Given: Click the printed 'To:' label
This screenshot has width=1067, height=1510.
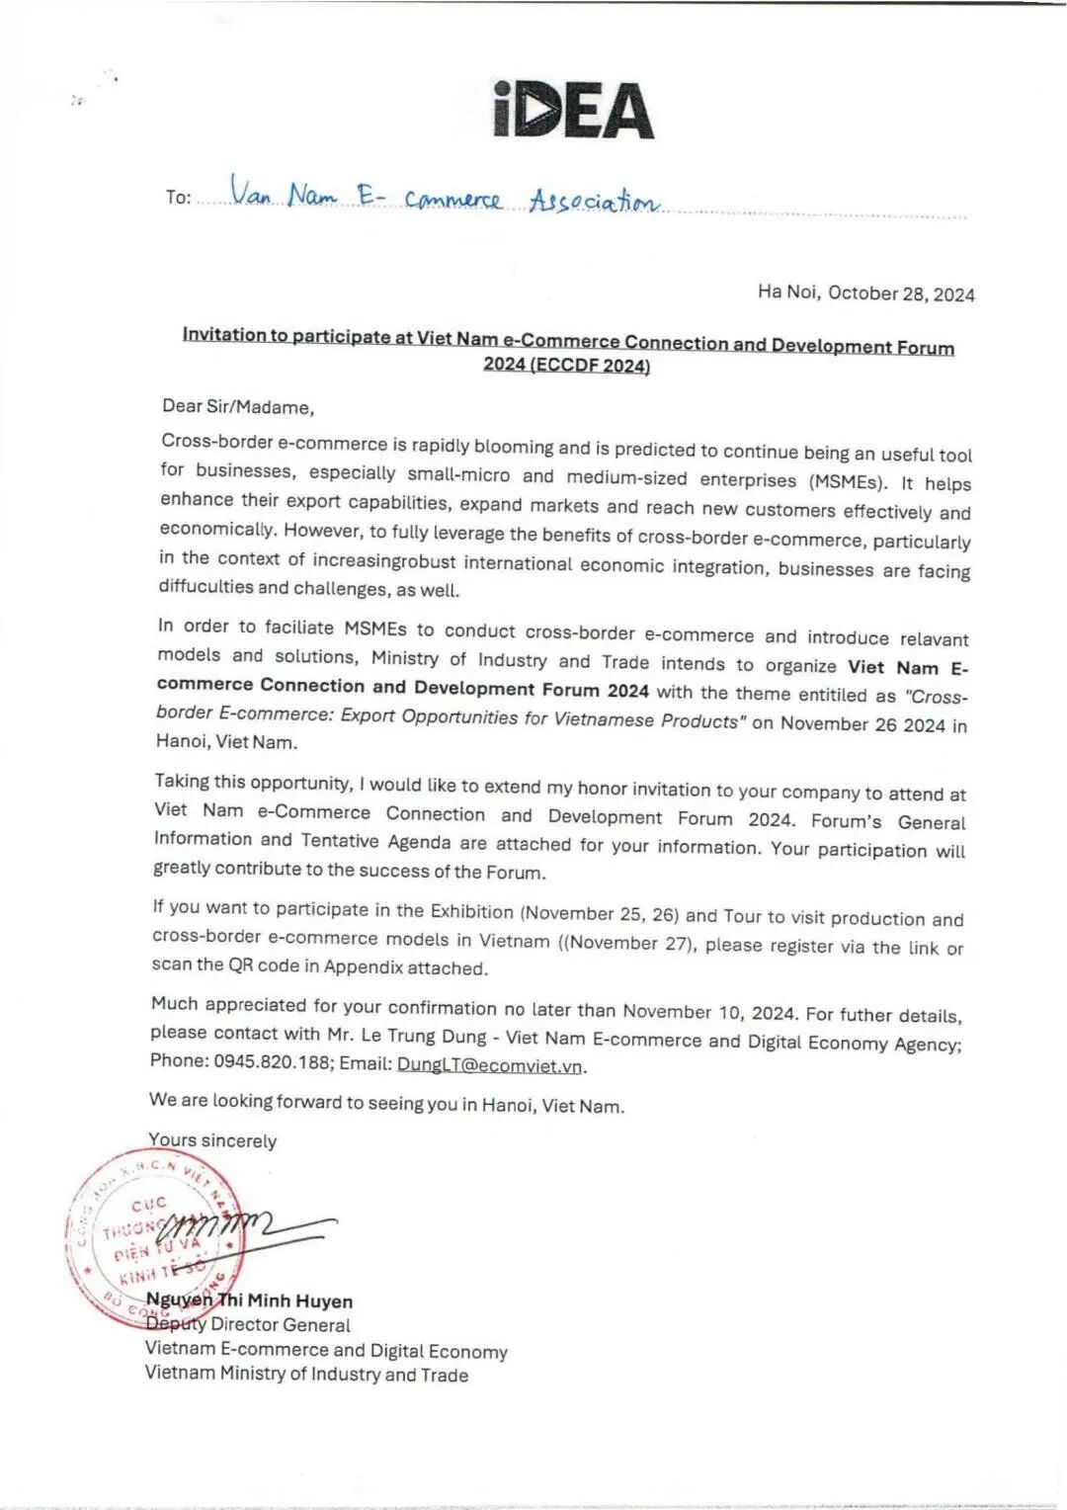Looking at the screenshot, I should (179, 197).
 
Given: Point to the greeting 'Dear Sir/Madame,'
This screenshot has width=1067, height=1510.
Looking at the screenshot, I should (238, 406).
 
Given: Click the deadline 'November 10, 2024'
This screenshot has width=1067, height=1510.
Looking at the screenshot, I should (709, 1012).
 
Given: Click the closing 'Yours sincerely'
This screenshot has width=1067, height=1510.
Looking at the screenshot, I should (212, 1140).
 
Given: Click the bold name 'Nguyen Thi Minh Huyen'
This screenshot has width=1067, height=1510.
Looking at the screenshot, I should (250, 1300).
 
